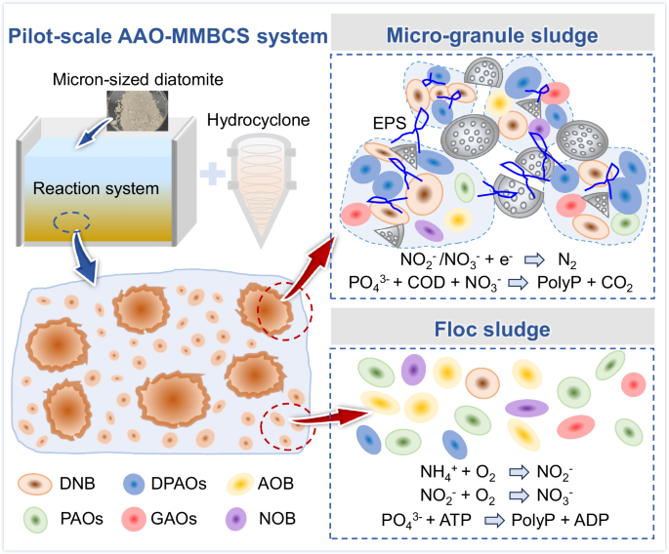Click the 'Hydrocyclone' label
pos(257,121)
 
